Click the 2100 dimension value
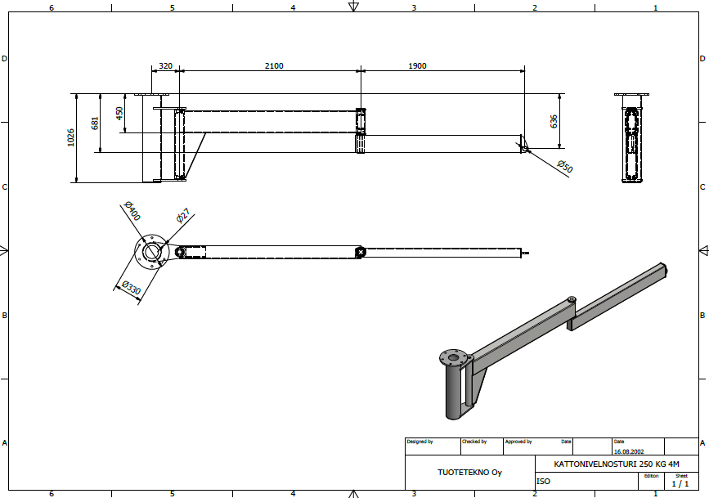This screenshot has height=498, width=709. [274, 66]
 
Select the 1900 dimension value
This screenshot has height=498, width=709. [417, 66]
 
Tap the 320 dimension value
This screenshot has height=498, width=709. [165, 66]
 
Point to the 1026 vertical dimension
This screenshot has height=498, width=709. [71, 137]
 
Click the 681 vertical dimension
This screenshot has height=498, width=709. [95, 123]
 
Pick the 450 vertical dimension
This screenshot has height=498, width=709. [119, 113]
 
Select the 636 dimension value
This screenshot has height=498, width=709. [554, 121]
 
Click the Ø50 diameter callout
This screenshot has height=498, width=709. [565, 167]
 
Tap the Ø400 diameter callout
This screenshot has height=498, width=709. [132, 211]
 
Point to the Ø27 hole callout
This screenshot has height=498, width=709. [183, 216]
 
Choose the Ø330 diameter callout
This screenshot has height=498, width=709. [132, 288]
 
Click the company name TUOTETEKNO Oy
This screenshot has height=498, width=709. [469, 472]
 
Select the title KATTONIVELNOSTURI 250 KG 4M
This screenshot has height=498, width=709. [617, 464]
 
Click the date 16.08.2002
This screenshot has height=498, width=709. [629, 451]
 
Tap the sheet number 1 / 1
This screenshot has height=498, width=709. [680, 483]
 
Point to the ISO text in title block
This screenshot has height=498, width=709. [544, 482]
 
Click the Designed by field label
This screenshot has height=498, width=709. [420, 442]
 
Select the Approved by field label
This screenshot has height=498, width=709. [518, 442]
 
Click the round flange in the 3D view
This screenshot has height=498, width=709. [453, 358]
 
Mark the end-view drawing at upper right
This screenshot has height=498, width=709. [631, 138]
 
